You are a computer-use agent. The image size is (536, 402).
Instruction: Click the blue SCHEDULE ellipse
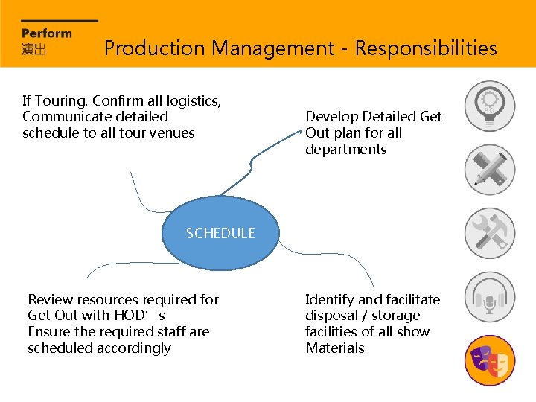[x=220, y=233]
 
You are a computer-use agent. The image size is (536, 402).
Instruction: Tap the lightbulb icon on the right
[x=489, y=106]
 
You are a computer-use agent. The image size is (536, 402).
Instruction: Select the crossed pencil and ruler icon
[x=489, y=170]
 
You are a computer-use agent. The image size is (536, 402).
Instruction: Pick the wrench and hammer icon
[x=489, y=233]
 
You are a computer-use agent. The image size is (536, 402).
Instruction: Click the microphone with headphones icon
[x=489, y=297]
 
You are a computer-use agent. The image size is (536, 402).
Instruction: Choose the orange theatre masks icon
[x=489, y=360]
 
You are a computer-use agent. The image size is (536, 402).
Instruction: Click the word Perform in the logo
[x=47, y=33]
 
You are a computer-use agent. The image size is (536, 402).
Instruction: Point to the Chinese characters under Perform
[x=34, y=49]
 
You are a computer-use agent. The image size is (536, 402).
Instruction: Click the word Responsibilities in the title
[x=426, y=48]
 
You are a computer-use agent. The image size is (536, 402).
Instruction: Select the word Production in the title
[x=154, y=48]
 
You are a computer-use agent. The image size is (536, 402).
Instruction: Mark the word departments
[x=345, y=150]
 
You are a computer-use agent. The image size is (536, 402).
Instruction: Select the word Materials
[x=335, y=348]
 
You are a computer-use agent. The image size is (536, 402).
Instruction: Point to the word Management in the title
[x=272, y=48]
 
